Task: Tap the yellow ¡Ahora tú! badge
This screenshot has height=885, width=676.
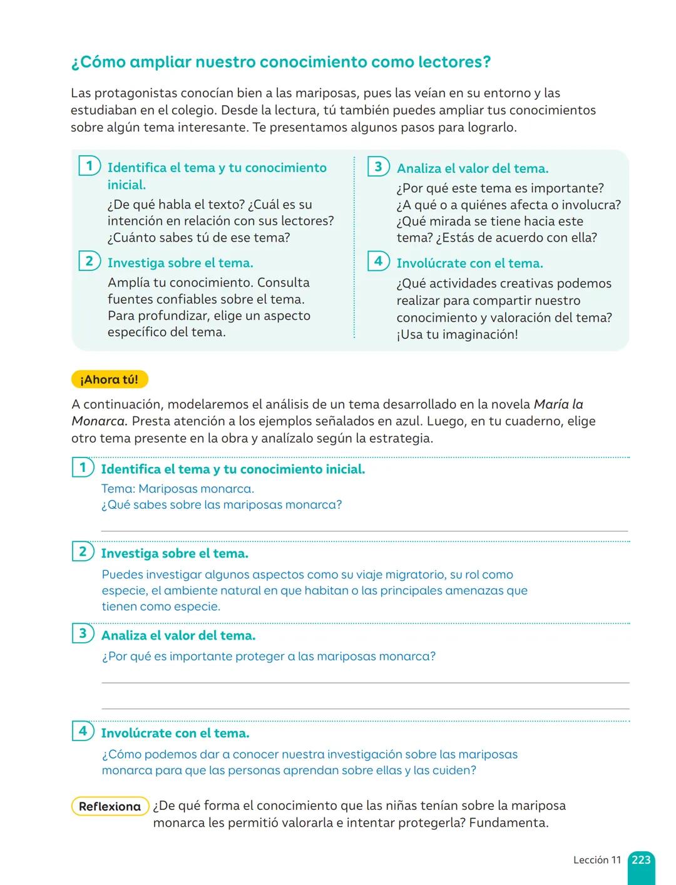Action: tap(110, 379)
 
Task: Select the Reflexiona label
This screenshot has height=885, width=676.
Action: tap(110, 806)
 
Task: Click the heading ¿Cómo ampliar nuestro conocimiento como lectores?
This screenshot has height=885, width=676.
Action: tap(281, 62)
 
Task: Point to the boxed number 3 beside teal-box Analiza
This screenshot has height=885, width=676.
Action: tap(378, 166)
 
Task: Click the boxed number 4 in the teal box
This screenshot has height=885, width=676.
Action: tap(378, 261)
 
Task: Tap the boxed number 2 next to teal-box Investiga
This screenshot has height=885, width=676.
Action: tap(90, 261)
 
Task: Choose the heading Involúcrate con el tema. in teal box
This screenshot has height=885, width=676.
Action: tap(469, 263)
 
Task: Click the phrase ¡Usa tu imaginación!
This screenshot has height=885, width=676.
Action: tap(457, 334)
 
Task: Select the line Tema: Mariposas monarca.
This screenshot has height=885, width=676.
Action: tap(177, 489)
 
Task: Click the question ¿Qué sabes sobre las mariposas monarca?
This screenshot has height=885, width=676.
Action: tap(222, 504)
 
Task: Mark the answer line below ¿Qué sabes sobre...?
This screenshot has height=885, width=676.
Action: tap(364, 530)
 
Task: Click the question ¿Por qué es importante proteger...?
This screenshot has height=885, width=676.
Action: tap(269, 656)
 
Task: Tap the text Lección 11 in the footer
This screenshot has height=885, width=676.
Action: tap(597, 860)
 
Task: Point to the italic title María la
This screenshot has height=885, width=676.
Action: tap(558, 404)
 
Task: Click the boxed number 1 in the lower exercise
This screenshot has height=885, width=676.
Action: tap(83, 467)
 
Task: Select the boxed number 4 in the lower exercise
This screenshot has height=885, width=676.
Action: tap(83, 730)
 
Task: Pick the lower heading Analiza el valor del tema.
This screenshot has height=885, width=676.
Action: tap(178, 635)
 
